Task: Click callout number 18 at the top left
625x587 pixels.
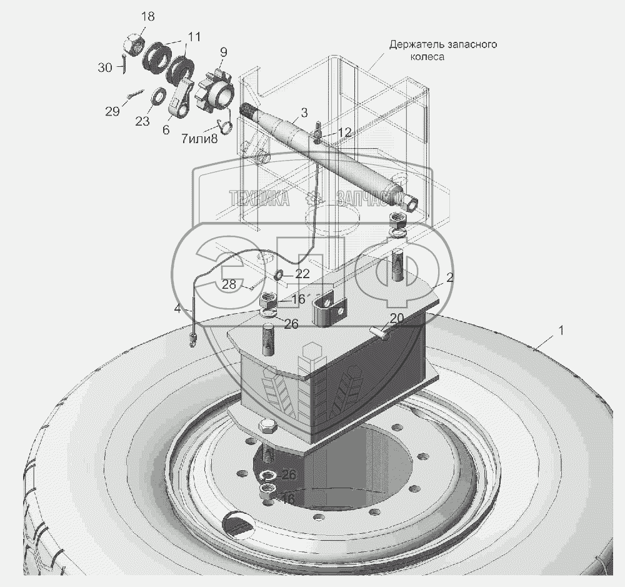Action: coord(147,17)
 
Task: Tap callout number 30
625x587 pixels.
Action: coord(105,68)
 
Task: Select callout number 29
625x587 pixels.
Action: coord(112,111)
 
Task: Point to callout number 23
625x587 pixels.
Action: coord(142,121)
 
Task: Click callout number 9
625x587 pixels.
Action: coord(223,52)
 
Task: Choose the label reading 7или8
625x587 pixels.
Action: coord(199,139)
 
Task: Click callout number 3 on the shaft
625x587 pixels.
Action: coord(304,113)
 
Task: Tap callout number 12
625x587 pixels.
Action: coord(344,132)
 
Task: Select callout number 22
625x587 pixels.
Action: coord(302,274)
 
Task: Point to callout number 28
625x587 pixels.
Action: coord(229,284)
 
